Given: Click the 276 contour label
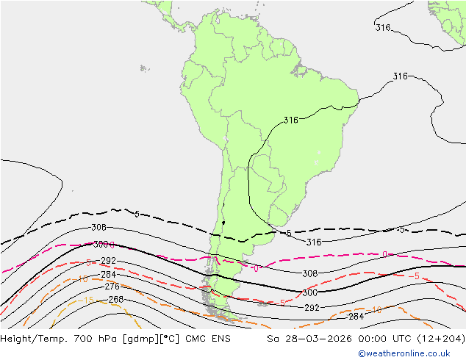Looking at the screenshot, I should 112,287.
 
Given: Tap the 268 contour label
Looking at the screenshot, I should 115,300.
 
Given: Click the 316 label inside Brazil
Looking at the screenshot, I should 291,120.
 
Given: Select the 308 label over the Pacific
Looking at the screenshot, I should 98,228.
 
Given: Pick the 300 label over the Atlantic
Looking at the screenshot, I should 309,292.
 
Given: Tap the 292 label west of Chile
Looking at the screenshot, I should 108,261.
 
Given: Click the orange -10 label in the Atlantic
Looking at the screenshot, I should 376,310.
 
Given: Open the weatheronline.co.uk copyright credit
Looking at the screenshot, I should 409,353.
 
